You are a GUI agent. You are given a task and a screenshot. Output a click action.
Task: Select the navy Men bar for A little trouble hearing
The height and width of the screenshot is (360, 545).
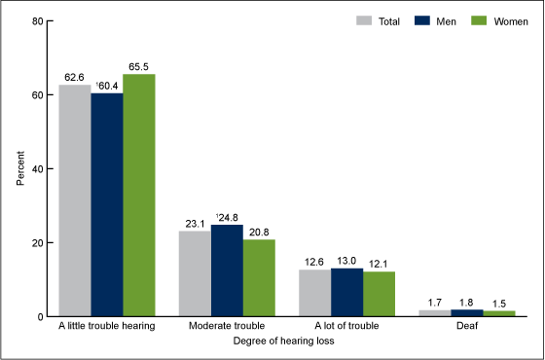107,205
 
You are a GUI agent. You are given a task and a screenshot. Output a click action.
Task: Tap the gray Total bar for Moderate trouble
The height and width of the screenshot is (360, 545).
195,273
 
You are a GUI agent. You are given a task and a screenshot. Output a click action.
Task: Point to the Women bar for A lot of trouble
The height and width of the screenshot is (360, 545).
379,294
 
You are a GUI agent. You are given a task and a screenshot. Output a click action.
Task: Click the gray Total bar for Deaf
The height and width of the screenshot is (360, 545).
435,313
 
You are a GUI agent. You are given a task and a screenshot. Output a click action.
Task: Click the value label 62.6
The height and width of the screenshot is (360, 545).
76,77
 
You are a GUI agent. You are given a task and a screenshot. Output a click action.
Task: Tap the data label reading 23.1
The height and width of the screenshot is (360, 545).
195,223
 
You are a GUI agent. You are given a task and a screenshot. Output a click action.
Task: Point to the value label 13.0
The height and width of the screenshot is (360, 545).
347,260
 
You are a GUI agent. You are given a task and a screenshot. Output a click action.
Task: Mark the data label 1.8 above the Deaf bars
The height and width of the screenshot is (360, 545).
467,302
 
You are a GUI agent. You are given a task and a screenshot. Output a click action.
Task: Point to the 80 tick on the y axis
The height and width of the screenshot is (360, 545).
36,20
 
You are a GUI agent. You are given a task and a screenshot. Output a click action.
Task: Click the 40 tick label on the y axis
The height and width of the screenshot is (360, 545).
36,169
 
